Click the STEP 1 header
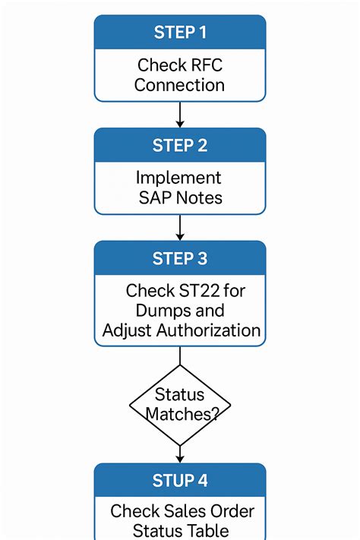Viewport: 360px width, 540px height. coord(180,33)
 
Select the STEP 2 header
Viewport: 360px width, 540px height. coord(180,146)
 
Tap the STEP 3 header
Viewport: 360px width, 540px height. coord(180,259)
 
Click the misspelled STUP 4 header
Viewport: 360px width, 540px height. coord(180,481)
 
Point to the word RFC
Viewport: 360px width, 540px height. coord(204,65)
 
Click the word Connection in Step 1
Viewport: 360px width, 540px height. coord(180,84)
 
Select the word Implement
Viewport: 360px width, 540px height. coord(179,178)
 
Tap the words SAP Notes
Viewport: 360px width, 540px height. coord(180,197)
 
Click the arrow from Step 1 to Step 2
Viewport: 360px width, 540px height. coord(180,114)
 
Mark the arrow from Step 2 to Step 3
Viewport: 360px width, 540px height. coord(180,227)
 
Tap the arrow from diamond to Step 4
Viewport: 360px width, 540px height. coord(180,453)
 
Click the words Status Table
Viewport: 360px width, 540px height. coord(180,531)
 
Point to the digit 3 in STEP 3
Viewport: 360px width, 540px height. coord(202,259)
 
